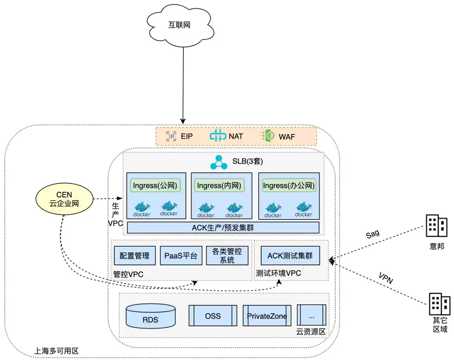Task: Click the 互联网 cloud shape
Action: pos(180,25)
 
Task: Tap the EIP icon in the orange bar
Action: pos(171,136)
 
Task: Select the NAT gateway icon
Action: pos(218,136)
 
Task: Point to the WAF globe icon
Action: pos(268,136)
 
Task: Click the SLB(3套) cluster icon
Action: pos(219,162)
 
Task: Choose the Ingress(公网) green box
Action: pos(155,186)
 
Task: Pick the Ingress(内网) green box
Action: pos(219,186)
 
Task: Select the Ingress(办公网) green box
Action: pos(288,186)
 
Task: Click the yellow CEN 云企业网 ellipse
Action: pos(64,199)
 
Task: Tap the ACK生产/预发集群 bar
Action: pos(223,228)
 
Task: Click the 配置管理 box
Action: pos(135,256)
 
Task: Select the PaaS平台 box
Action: pos(181,256)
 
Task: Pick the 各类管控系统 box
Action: pos(227,256)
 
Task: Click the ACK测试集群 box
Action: pos(290,256)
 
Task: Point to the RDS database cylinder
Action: pos(151,316)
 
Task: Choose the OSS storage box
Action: pos(213,316)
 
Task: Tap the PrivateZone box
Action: pos(267,316)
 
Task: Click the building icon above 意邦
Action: pos(436,226)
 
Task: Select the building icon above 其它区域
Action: pos(439,304)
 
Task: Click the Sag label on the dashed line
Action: pos(373,234)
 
